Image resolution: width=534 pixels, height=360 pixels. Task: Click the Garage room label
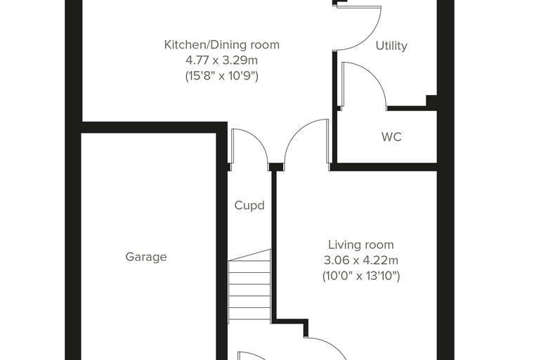tap(146, 257)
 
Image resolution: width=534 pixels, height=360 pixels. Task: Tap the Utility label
tap(391, 46)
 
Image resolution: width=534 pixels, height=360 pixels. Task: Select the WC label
tap(391, 137)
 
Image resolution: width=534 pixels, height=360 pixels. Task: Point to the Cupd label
tap(249, 205)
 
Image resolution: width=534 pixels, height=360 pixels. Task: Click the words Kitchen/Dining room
tap(222, 45)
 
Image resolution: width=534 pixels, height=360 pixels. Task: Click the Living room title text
tap(361, 245)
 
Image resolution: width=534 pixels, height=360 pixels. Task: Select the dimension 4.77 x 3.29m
tap(222, 60)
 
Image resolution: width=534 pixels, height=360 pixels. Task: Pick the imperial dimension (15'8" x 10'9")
tap(222, 76)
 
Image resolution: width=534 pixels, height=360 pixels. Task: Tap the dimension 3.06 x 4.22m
tap(361, 260)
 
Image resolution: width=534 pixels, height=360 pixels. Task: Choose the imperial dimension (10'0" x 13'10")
tap(361, 276)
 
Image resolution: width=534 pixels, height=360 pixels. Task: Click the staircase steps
tap(249, 285)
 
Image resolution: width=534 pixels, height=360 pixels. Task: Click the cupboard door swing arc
tap(258, 139)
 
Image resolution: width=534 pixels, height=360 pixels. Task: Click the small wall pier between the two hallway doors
tap(276, 167)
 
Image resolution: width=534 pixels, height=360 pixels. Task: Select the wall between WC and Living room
tap(384, 167)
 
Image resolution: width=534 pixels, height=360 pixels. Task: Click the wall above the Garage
tap(155, 127)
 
